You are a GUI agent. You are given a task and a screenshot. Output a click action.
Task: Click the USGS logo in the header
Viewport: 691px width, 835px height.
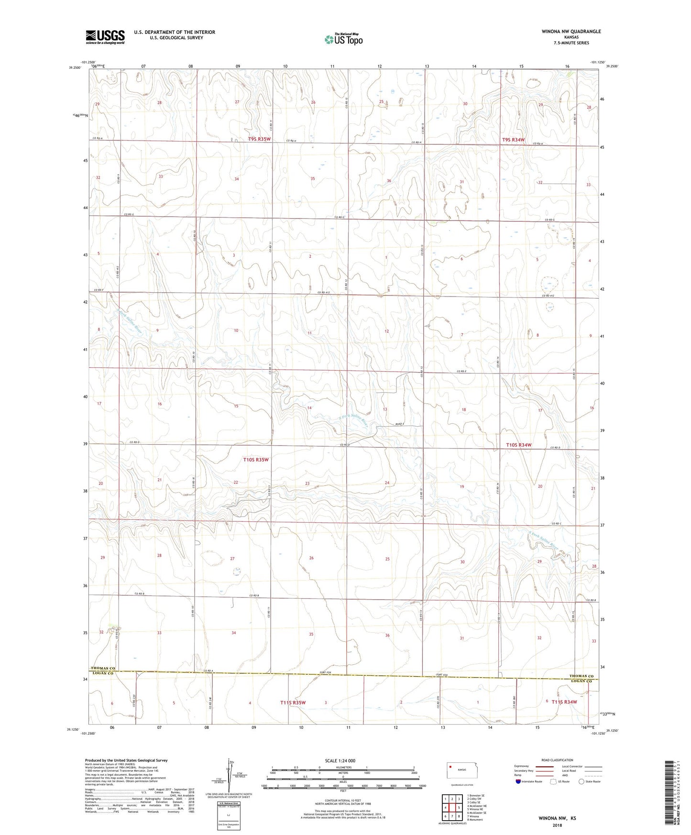click(x=105, y=37)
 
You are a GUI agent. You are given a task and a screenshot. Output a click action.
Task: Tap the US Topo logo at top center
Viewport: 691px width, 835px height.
click(x=343, y=39)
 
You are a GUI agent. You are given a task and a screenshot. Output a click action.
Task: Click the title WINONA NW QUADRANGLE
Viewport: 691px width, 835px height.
click(x=564, y=32)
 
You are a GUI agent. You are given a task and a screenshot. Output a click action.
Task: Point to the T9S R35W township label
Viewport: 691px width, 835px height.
click(x=259, y=139)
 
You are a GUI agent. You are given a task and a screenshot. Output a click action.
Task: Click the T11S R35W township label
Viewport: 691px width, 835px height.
click(x=293, y=703)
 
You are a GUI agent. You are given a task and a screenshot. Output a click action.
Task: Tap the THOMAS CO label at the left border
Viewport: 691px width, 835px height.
click(x=103, y=668)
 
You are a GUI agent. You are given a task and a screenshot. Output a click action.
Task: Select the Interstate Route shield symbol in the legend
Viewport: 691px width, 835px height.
click(x=518, y=781)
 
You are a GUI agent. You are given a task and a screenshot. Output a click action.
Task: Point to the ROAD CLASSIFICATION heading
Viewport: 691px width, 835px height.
click(x=558, y=760)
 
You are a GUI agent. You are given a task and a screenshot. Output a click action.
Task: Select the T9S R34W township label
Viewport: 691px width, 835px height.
click(x=513, y=140)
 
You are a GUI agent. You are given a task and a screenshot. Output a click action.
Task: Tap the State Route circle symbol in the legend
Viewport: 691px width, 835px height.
click(x=581, y=781)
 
